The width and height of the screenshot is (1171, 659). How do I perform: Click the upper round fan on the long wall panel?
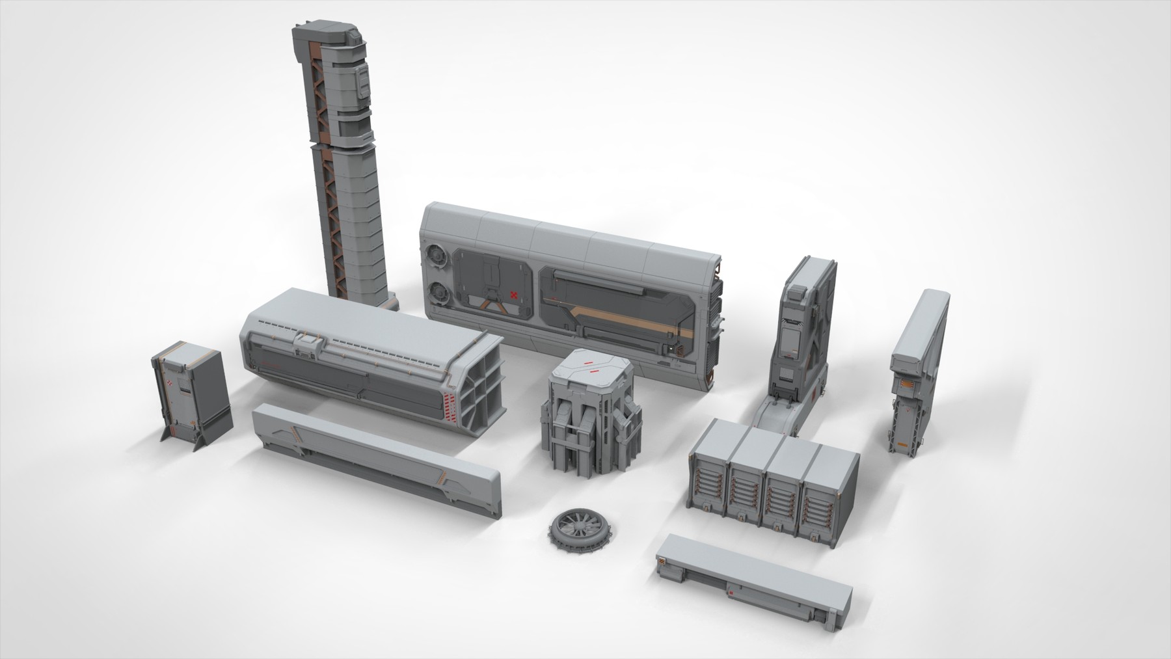point(439,256)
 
